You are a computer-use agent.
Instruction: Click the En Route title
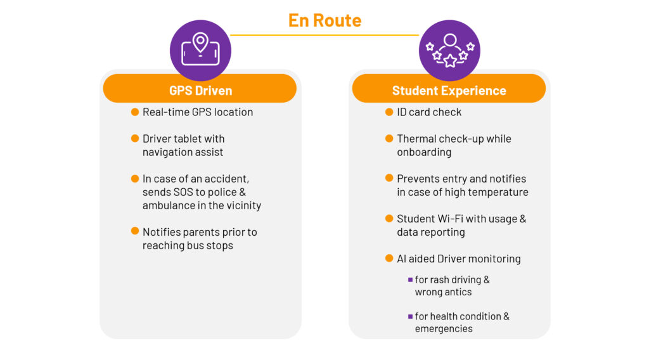click(324, 20)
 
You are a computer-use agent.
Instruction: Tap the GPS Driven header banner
click(200, 89)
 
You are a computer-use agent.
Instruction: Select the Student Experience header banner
click(449, 89)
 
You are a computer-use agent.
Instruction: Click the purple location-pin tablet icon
click(200, 51)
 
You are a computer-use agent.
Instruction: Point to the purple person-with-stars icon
click(449, 51)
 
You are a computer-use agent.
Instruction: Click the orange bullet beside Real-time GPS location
click(135, 112)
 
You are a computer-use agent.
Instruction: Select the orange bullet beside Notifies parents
click(135, 231)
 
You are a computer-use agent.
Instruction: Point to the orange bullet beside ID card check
click(389, 112)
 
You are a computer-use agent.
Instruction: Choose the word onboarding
click(424, 152)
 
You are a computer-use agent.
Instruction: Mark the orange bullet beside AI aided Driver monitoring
click(389, 258)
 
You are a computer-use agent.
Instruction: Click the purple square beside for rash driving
click(410, 280)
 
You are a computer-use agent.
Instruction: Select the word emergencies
click(444, 328)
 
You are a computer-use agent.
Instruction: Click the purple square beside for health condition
click(410, 316)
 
